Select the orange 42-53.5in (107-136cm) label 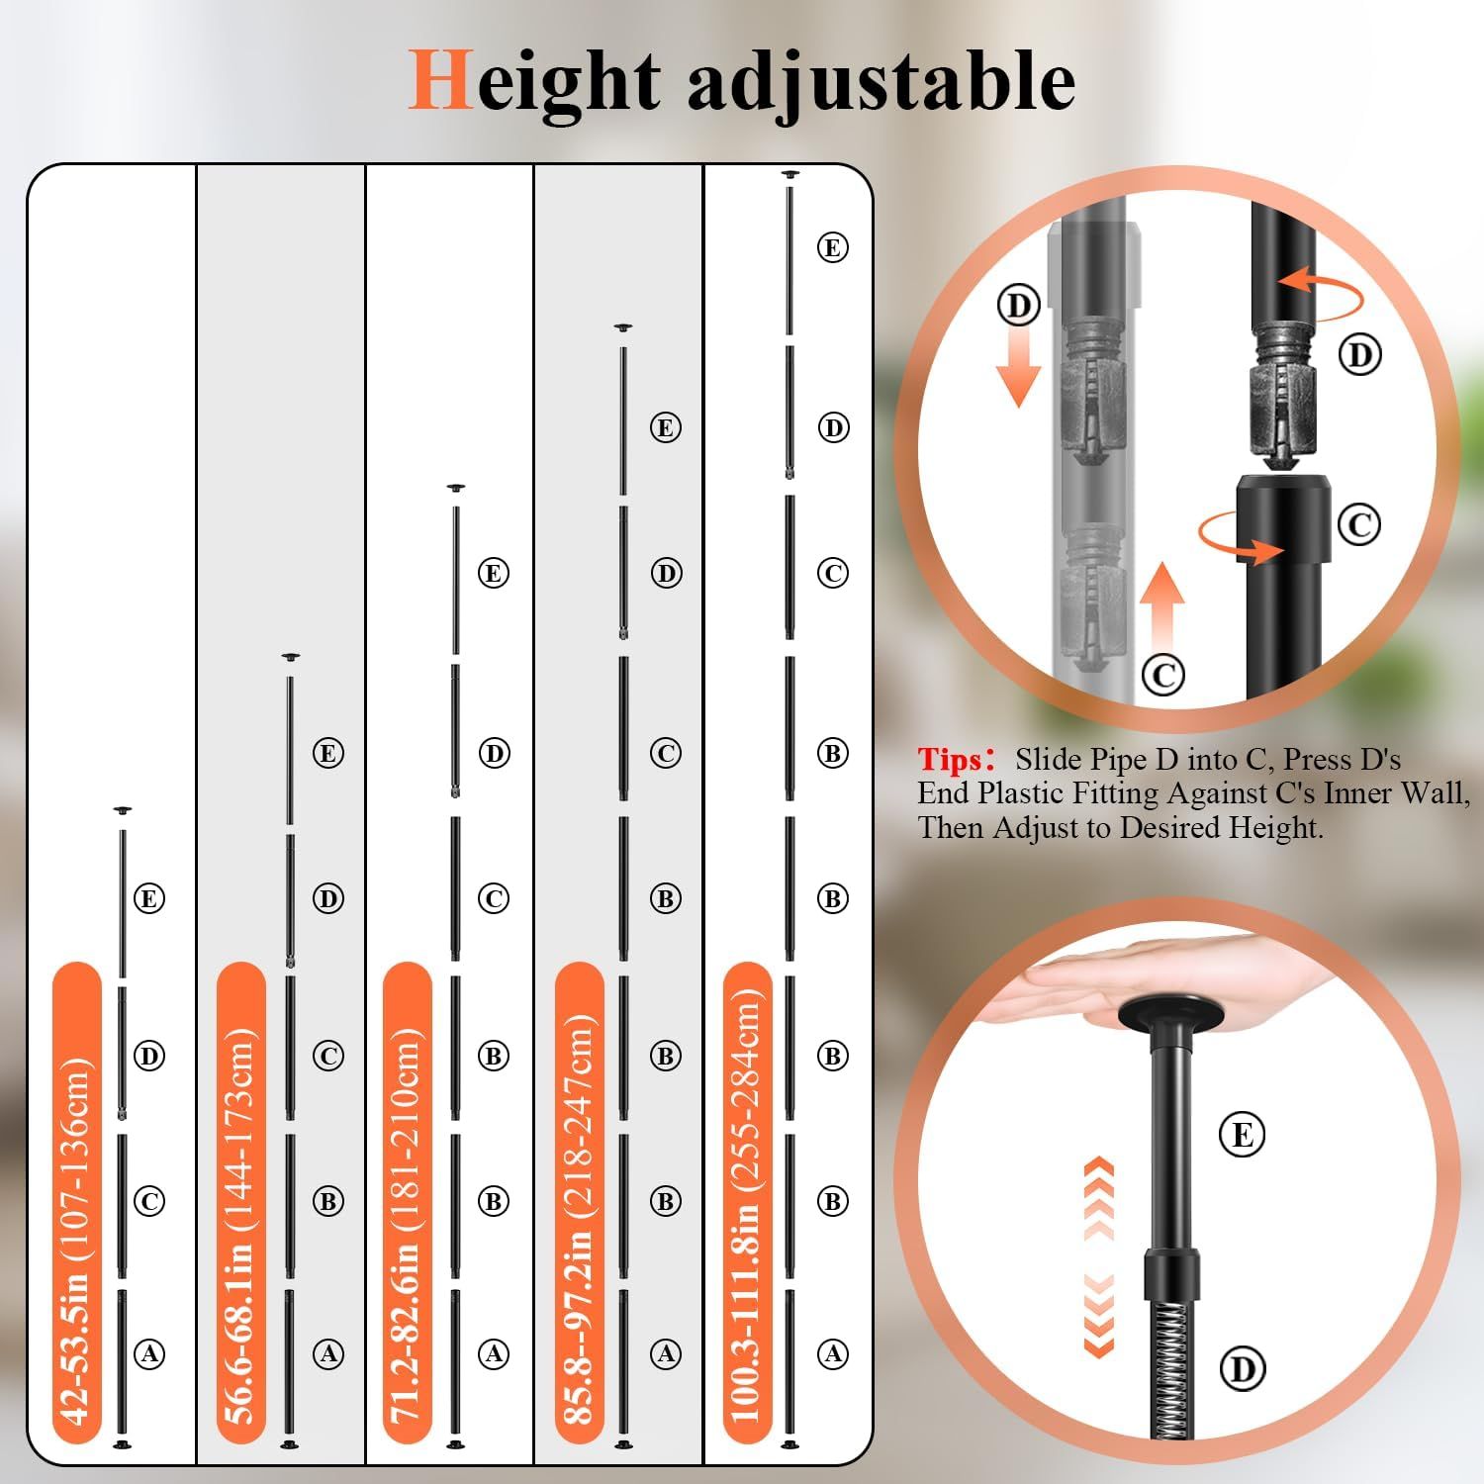tap(77, 1203)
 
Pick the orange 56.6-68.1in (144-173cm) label tap(240, 1203)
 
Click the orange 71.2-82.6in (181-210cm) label tap(407, 1203)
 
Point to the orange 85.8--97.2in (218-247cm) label tap(579, 1203)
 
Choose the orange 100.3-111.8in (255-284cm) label tap(747, 1203)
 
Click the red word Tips tap(950, 760)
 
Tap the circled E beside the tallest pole tap(833, 247)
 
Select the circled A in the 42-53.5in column tap(149, 1353)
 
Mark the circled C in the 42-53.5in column tap(149, 1201)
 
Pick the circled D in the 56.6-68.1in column tap(328, 898)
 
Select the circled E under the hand tap(1243, 1134)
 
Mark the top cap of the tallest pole tap(789, 175)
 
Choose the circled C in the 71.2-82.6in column tap(494, 898)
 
